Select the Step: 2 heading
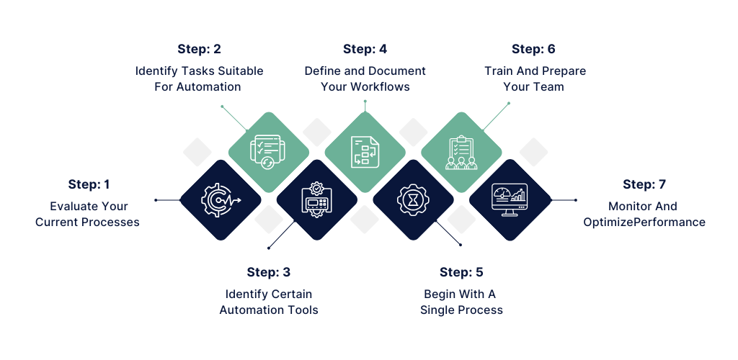click(199, 49)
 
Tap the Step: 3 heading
click(269, 272)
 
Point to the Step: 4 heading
click(365, 49)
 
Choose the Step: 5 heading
click(461, 272)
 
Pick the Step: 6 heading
click(533, 49)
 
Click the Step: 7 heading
click(644, 184)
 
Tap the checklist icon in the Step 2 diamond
click(268, 152)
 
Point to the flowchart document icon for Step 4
click(365, 152)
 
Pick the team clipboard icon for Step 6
click(461, 152)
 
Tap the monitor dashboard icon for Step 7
click(510, 199)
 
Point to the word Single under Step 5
click(437, 310)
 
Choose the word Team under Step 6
click(549, 87)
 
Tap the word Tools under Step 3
click(301, 310)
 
